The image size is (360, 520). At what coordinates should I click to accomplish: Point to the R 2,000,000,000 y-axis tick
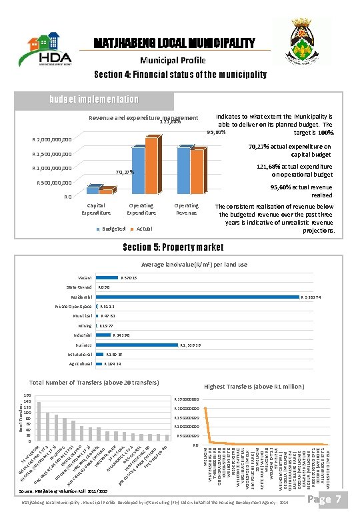pyautogui.click(x=52, y=141)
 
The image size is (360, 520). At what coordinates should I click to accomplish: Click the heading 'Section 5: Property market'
pyautogui.click(x=179, y=248)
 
